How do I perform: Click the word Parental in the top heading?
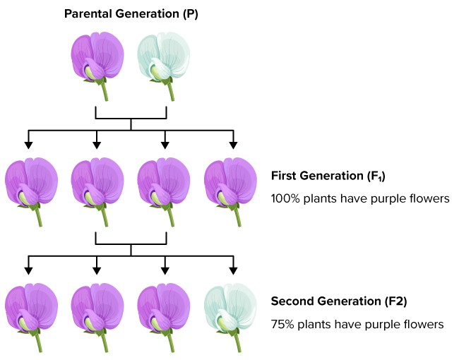(88, 13)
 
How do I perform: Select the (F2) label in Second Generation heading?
(395, 301)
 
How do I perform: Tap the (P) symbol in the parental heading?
(191, 13)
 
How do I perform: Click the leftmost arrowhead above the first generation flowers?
(28, 145)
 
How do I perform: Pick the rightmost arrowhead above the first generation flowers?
(233, 145)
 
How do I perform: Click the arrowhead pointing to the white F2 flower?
(233, 271)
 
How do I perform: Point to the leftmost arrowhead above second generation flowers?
(28, 271)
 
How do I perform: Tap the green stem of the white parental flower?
(170, 91)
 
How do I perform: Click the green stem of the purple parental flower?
(105, 91)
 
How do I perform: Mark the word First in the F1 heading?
(284, 176)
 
